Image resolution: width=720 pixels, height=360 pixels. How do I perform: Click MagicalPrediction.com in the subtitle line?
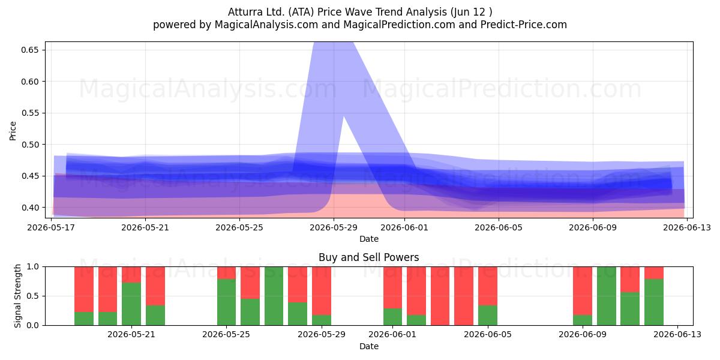(x=399, y=25)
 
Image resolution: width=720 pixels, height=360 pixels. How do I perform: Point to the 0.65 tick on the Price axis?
(x=29, y=50)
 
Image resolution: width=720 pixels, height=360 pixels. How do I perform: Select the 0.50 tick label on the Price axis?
(x=29, y=145)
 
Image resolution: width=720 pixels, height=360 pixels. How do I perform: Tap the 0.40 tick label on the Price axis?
(x=29, y=208)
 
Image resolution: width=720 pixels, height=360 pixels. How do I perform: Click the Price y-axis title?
(x=13, y=131)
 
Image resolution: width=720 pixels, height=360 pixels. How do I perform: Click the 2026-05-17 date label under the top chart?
(x=51, y=227)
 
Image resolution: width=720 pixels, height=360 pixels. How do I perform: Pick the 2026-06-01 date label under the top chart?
(x=404, y=227)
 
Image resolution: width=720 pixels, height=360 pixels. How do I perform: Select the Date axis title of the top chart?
(x=368, y=239)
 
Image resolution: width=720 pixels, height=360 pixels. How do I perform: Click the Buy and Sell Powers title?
(x=368, y=257)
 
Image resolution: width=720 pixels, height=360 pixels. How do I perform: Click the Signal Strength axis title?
(x=17, y=296)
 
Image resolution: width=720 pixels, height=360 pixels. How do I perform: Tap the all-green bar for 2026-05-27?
(x=274, y=296)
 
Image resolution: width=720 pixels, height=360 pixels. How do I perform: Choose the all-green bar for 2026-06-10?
(x=607, y=296)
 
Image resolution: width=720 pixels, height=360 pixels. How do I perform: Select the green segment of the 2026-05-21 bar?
(x=131, y=304)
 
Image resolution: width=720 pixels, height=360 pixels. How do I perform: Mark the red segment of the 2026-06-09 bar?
(x=583, y=290)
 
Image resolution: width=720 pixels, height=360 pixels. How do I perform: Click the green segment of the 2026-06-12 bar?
(x=654, y=302)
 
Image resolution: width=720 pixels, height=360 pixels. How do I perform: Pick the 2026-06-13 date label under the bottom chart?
(x=677, y=334)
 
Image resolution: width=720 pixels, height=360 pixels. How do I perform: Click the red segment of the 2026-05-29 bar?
(x=322, y=290)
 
